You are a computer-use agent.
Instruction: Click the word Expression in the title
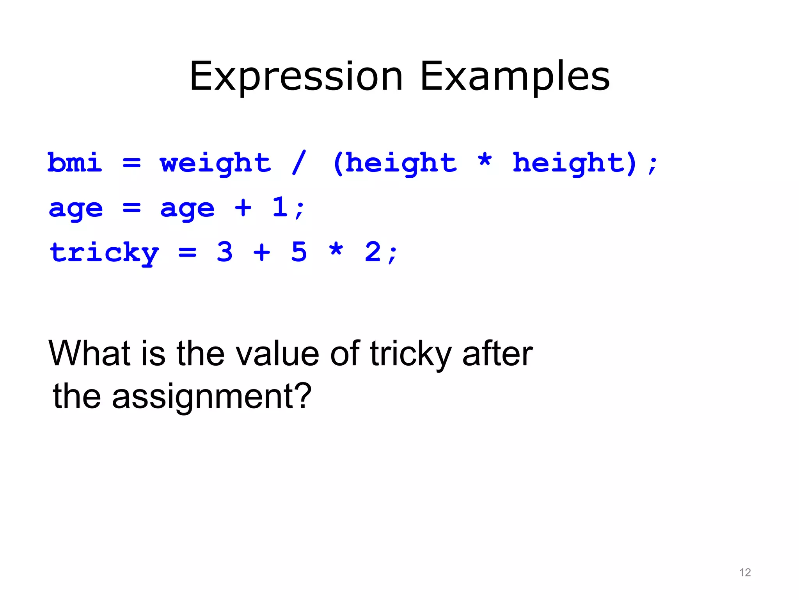[x=296, y=77]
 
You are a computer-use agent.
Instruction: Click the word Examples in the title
[x=515, y=77]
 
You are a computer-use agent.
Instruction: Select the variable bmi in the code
[x=75, y=162]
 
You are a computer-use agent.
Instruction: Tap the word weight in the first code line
[x=215, y=163]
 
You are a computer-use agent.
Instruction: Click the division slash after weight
[x=299, y=162]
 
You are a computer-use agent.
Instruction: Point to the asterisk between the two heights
[x=485, y=161]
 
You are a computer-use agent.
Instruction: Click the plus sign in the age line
[x=243, y=207]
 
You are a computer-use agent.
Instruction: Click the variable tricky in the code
[x=104, y=253]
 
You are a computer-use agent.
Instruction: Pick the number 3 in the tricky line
[x=225, y=252]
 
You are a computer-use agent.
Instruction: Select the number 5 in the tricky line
[x=299, y=252]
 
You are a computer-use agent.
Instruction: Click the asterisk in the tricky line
[x=336, y=250]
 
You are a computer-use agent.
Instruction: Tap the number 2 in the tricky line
[x=373, y=252]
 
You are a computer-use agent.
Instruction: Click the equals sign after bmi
[x=131, y=163]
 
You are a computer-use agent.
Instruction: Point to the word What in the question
[x=89, y=353]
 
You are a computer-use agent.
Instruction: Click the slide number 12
[x=745, y=573]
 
